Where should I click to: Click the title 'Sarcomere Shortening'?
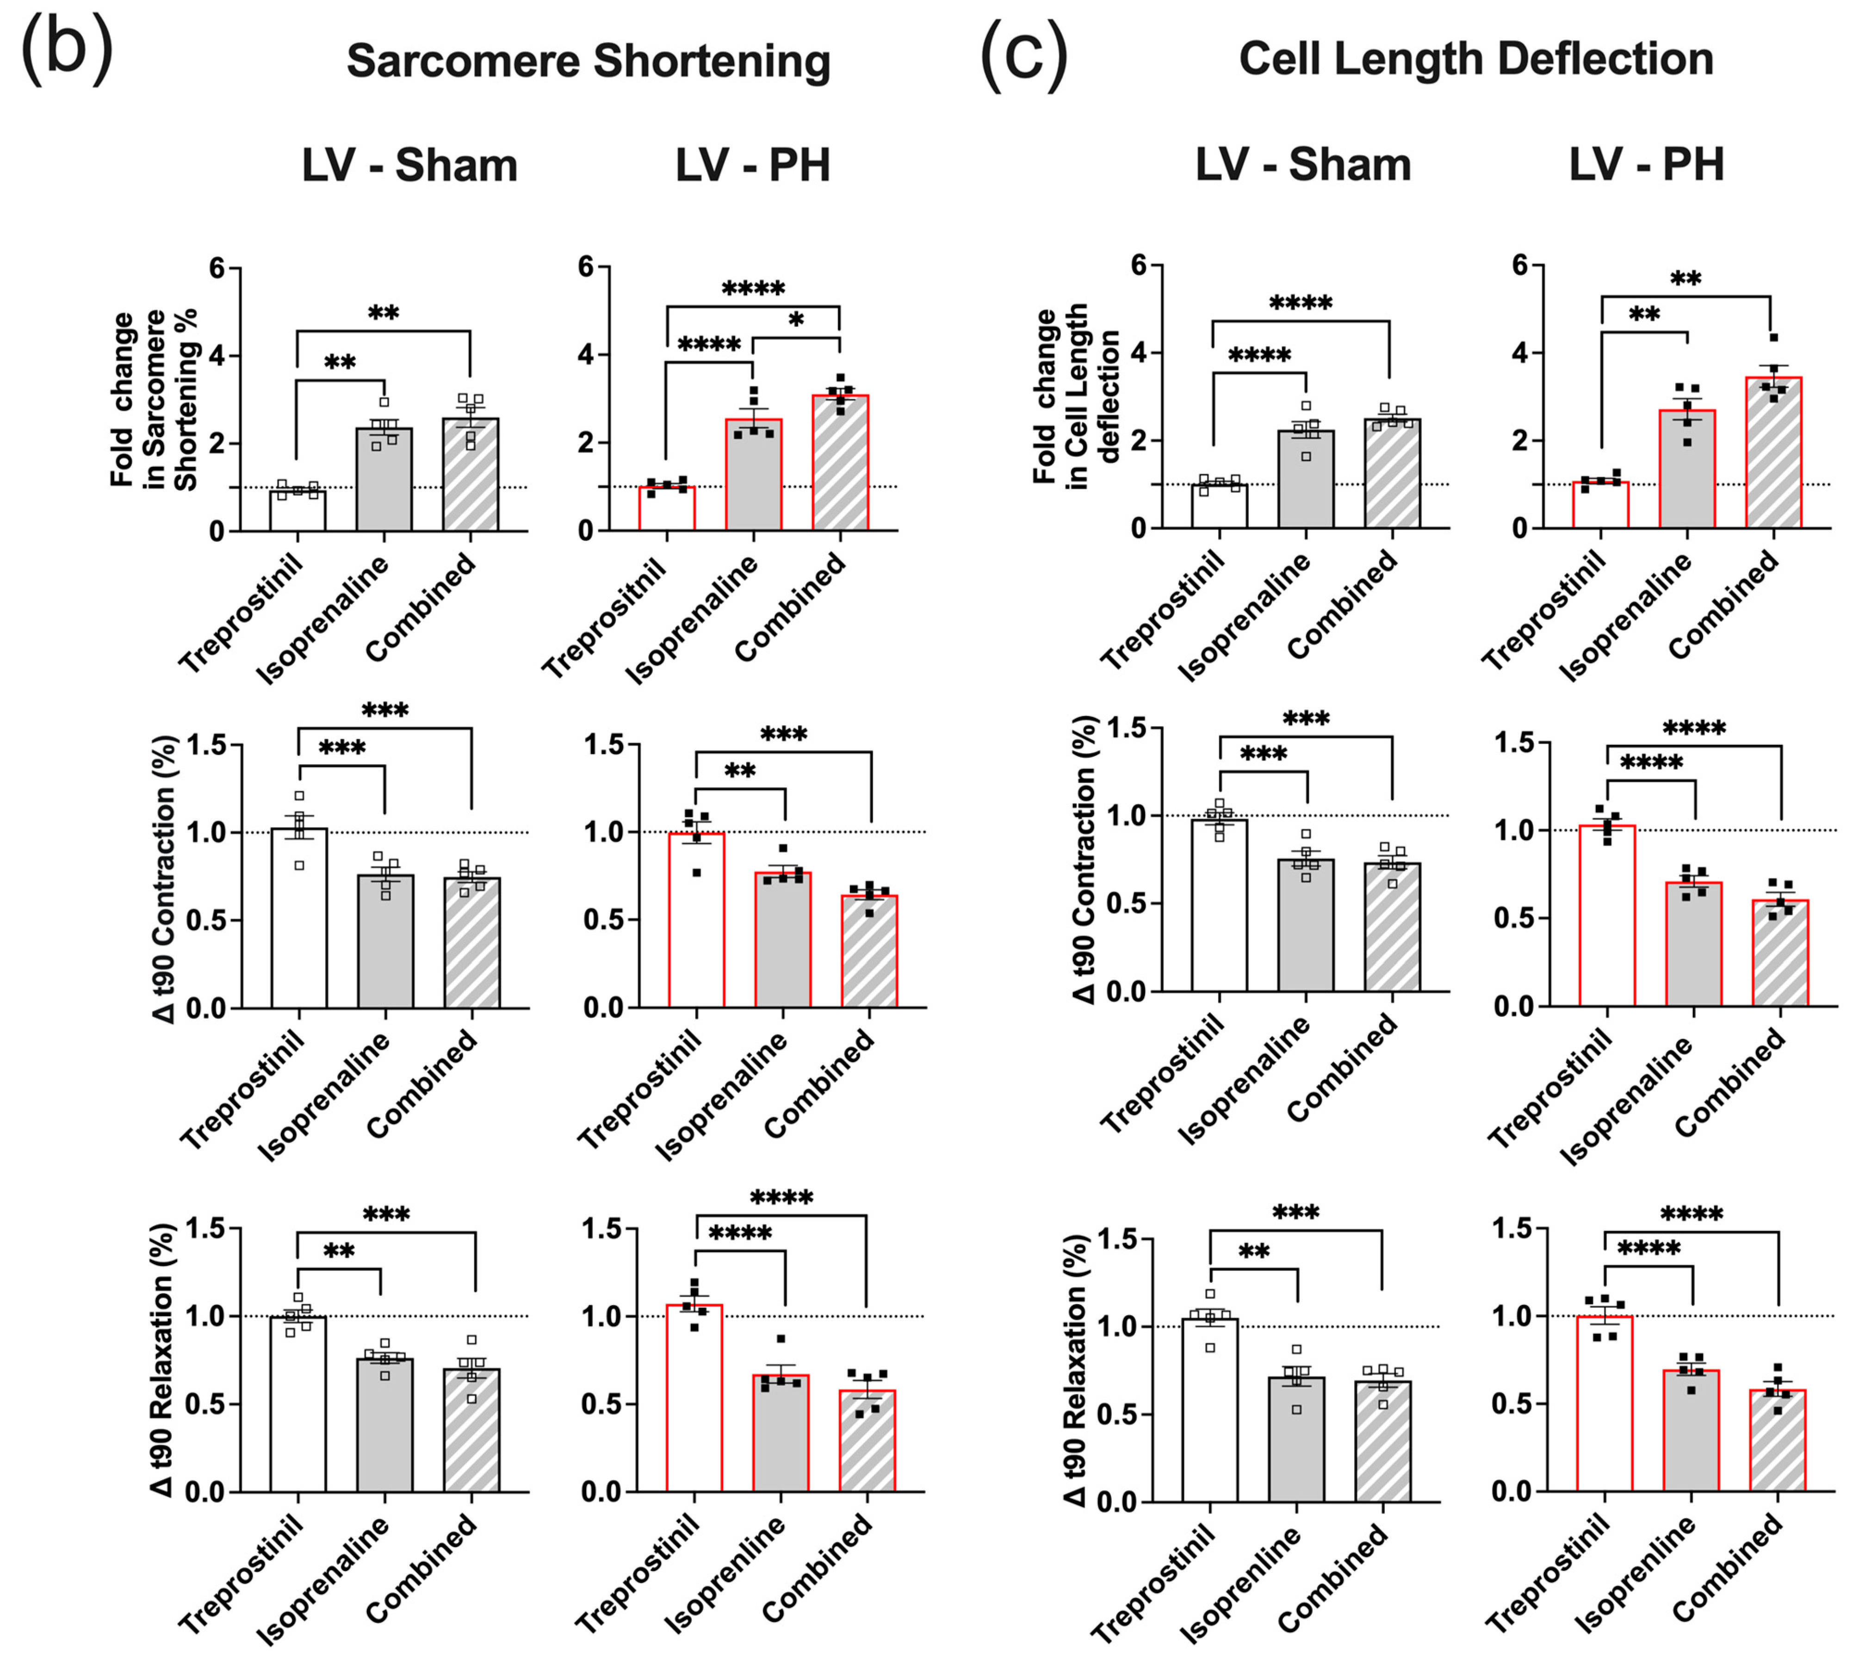[x=589, y=61]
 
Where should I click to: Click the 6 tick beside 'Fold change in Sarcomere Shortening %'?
[x=217, y=268]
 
